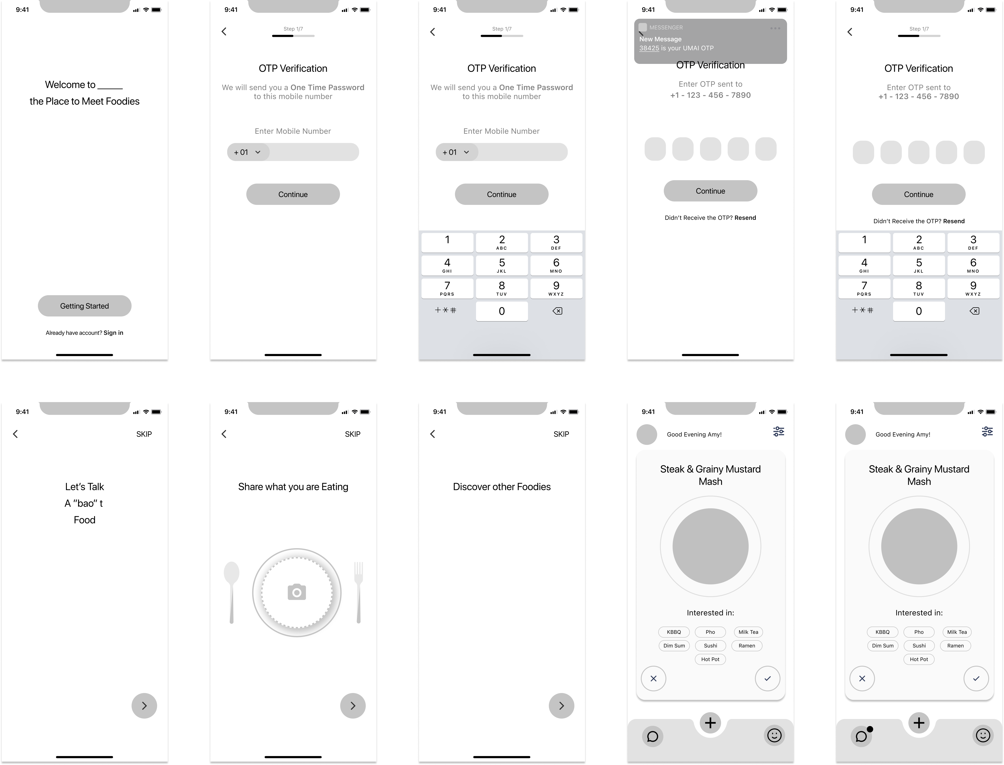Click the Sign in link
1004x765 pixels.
[113, 333]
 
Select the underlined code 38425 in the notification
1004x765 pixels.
[649, 48]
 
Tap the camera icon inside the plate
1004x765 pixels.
[297, 592]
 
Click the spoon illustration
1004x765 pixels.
[232, 592]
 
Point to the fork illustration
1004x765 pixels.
[359, 592]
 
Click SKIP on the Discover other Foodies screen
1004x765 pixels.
[561, 434]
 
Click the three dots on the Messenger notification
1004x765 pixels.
[775, 28]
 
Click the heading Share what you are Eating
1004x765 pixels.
[293, 487]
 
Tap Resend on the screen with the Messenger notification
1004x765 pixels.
[745, 218]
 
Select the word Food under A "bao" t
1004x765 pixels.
[85, 520]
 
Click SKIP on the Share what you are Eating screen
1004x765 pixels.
[353, 434]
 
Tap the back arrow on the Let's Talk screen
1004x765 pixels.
[16, 434]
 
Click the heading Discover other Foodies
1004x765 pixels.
[502, 487]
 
